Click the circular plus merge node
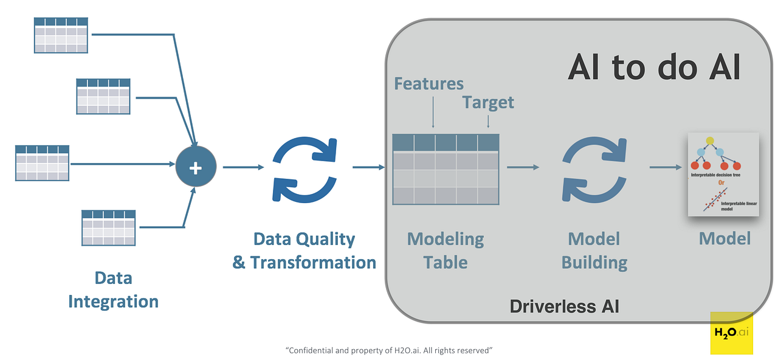(x=196, y=167)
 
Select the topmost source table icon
(x=60, y=35)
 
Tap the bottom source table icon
(x=108, y=227)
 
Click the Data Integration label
(x=113, y=289)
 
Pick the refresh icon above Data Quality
(x=305, y=168)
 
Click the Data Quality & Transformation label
(x=304, y=251)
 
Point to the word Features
(x=429, y=83)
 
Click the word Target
(x=488, y=102)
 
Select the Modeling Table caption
(x=446, y=251)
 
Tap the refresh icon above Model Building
(x=594, y=168)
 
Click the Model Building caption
(x=594, y=251)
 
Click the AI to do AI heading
(x=654, y=67)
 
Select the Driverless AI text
(x=564, y=306)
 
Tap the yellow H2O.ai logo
(x=732, y=333)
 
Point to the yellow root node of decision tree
(x=709, y=141)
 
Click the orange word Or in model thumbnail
(x=721, y=182)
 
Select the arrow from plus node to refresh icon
(x=243, y=167)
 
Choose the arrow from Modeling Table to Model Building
(x=523, y=167)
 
